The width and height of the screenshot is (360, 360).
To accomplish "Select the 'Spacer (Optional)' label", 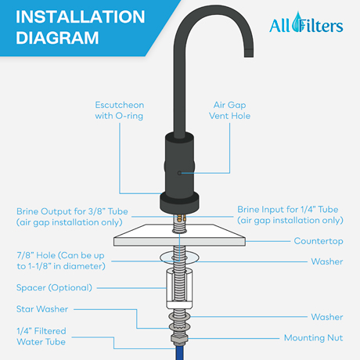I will click(54, 287).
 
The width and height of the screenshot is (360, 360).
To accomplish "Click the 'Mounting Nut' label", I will click(312, 338).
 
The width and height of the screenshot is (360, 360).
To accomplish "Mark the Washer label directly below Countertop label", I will click(326, 262).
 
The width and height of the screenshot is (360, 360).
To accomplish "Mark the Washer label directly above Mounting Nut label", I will click(326, 317).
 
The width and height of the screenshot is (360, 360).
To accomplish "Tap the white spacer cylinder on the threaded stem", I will click(179, 287).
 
